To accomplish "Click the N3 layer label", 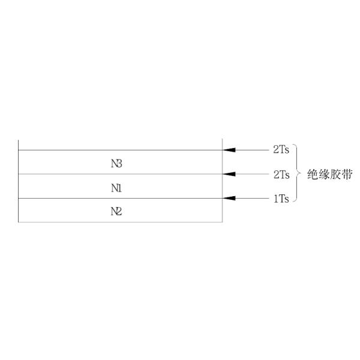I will click(x=117, y=163).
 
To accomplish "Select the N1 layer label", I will click(x=117, y=187).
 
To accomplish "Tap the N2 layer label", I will click(x=117, y=211).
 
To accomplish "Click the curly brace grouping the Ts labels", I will click(x=298, y=174).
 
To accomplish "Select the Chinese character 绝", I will click(x=313, y=175).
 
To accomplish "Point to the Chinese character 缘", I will click(x=325, y=175).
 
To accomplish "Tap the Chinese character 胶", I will click(x=335, y=175).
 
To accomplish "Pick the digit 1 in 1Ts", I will click(x=275, y=199).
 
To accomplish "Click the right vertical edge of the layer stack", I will click(x=223, y=180).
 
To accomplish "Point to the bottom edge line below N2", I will click(x=120, y=222).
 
